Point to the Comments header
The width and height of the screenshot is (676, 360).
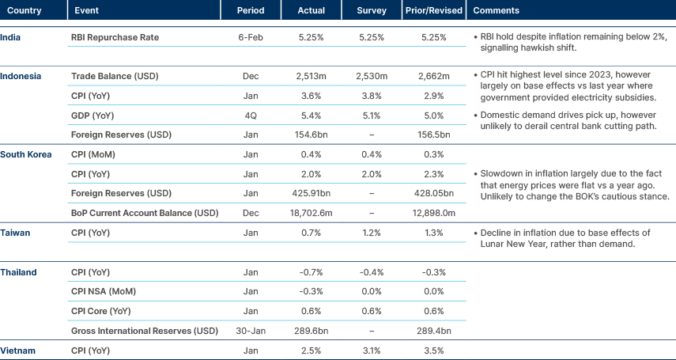(x=497, y=11)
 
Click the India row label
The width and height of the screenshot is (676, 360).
(x=11, y=37)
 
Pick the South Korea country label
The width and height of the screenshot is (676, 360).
(x=25, y=153)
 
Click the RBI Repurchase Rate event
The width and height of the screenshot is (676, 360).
(x=115, y=37)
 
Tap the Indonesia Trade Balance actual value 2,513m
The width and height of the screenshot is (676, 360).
(x=312, y=76)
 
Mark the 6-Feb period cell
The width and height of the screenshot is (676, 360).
(x=251, y=37)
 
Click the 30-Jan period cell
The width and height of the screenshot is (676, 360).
(x=251, y=330)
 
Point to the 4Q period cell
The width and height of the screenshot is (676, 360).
(x=251, y=116)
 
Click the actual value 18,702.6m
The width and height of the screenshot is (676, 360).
(x=312, y=213)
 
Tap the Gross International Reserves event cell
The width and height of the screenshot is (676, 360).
(x=144, y=330)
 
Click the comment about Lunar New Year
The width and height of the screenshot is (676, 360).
(x=565, y=238)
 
